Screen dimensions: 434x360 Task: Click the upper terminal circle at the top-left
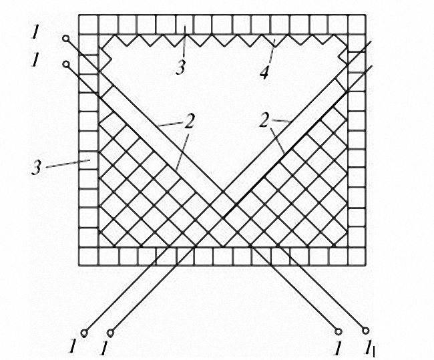tap(65, 39)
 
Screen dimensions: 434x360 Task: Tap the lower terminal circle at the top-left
tap(66, 64)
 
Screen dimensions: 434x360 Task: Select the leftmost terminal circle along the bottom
tap(84, 332)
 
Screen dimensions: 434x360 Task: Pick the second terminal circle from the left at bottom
tap(110, 332)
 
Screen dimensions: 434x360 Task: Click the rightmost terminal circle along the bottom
tap(366, 331)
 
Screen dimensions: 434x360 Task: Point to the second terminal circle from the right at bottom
tap(339, 331)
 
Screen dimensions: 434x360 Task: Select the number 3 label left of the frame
tap(36, 168)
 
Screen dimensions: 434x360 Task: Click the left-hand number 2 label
tap(189, 122)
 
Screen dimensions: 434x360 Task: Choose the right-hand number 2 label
tap(264, 121)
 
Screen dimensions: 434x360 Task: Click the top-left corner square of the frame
tap(88, 24)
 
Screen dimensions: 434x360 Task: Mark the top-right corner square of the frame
tap(357, 24)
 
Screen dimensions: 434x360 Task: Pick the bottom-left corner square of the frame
tap(88, 256)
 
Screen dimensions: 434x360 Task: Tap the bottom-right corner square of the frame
tap(357, 256)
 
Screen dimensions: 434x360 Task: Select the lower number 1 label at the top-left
tap(35, 60)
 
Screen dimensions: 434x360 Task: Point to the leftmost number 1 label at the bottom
tap(73, 347)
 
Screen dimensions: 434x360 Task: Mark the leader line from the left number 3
tap(68, 164)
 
